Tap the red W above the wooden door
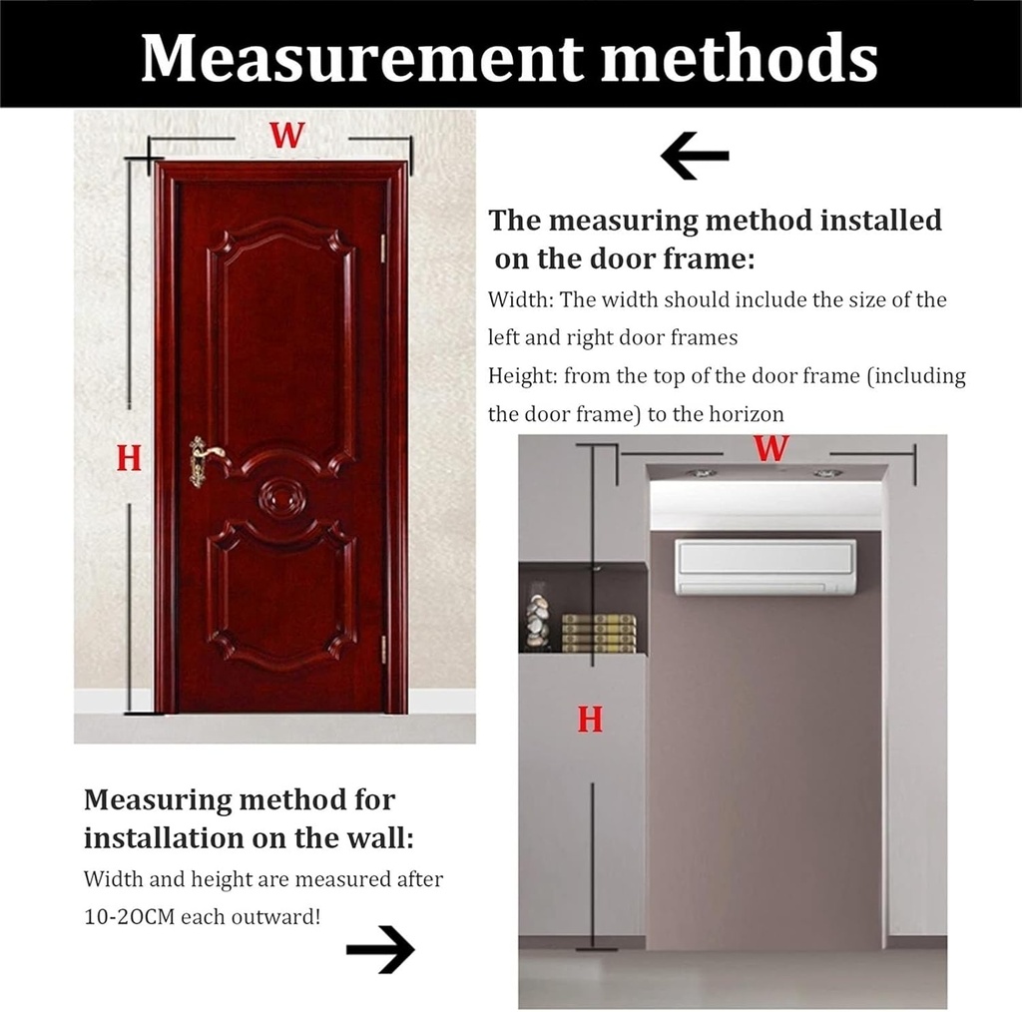286,135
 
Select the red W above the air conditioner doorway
770,448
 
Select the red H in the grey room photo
590,718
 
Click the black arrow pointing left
695,157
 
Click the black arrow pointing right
380,948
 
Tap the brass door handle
204,460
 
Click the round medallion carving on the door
282,496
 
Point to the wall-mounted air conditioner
765,567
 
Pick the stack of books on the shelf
599,633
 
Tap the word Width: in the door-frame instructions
521,299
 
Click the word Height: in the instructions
523,376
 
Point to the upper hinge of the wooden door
382,249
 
